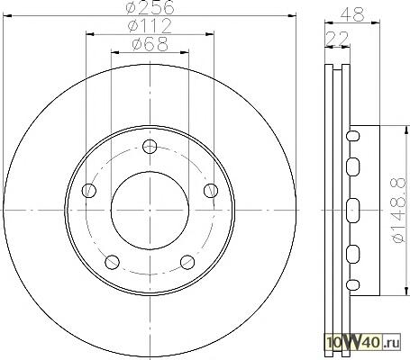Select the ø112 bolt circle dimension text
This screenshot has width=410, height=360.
150,26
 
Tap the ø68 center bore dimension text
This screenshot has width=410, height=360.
150,44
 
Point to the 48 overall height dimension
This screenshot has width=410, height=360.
352,13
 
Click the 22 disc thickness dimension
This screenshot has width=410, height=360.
337,38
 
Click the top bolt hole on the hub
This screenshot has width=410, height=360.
150,147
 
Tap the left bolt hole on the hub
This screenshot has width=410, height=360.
89,190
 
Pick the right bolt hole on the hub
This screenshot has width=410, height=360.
211,190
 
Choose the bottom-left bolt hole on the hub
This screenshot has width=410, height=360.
112,262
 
